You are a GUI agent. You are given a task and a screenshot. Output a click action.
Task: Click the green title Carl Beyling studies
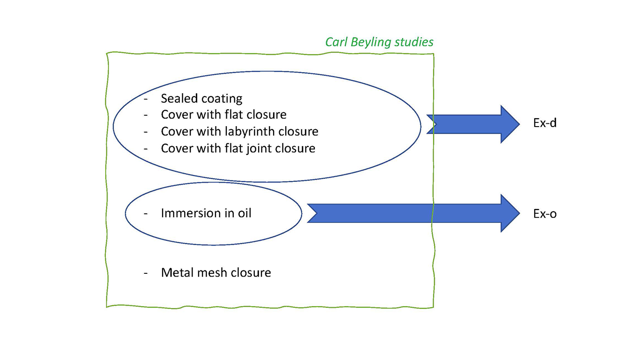380,42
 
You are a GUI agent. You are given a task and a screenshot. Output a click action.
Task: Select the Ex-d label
545,124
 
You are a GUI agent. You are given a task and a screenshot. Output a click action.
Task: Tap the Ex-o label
545,214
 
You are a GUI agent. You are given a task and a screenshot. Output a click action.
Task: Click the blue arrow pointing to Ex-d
473,124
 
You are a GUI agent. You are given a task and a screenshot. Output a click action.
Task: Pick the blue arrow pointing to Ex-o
412,213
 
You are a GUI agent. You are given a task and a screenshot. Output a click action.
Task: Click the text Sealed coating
201,98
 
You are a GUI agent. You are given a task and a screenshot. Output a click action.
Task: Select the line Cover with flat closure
223,114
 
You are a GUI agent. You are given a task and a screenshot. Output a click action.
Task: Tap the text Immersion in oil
206,213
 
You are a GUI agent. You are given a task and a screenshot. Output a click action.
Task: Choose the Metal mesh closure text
216,272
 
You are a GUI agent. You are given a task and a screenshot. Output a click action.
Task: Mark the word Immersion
186,213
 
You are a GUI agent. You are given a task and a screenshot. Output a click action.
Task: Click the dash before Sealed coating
146,99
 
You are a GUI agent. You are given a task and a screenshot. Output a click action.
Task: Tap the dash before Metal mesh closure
146,273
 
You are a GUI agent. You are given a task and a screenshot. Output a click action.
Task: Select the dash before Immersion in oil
146,214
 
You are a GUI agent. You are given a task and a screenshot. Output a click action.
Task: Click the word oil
244,213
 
